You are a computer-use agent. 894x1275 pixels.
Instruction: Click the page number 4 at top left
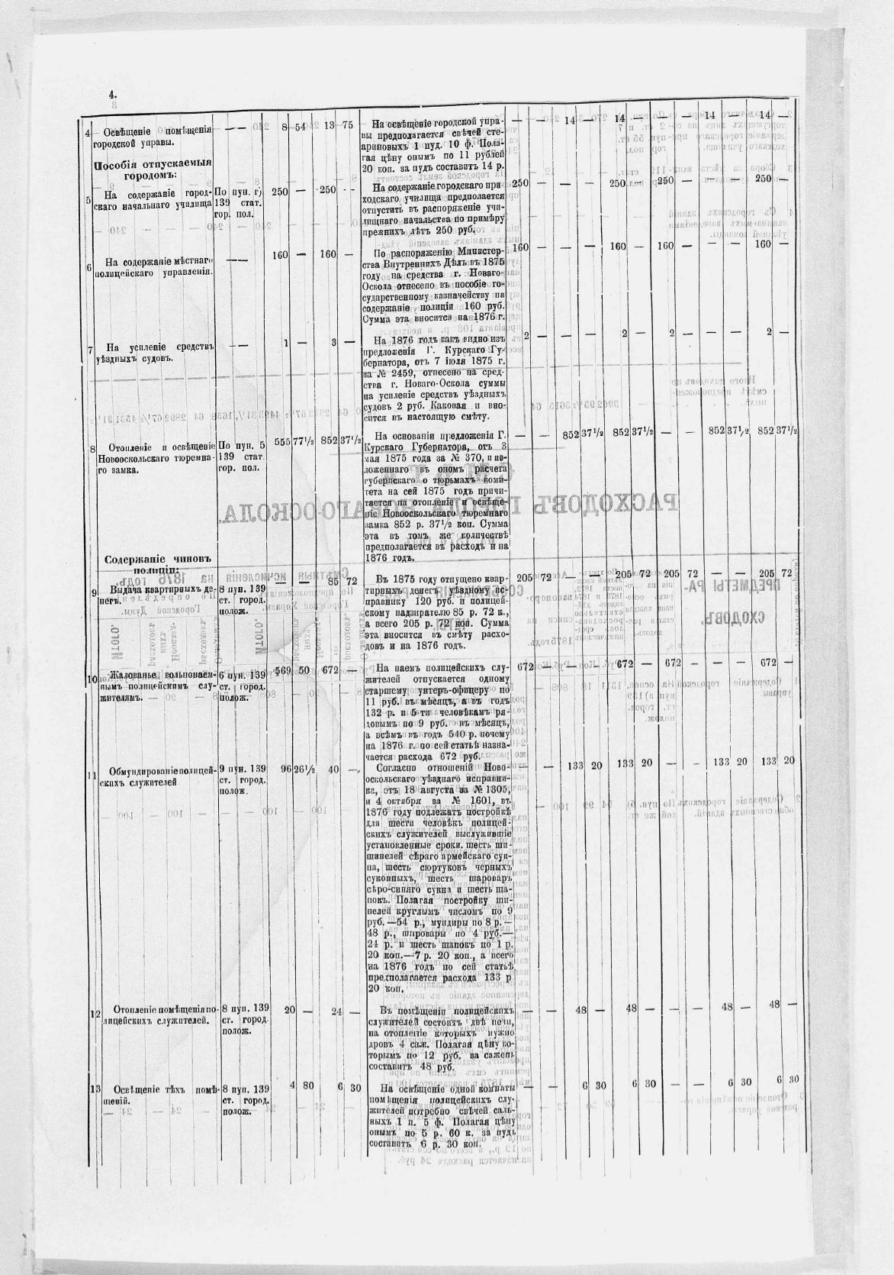click(111, 95)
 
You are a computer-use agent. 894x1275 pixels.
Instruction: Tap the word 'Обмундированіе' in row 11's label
click(150, 770)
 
